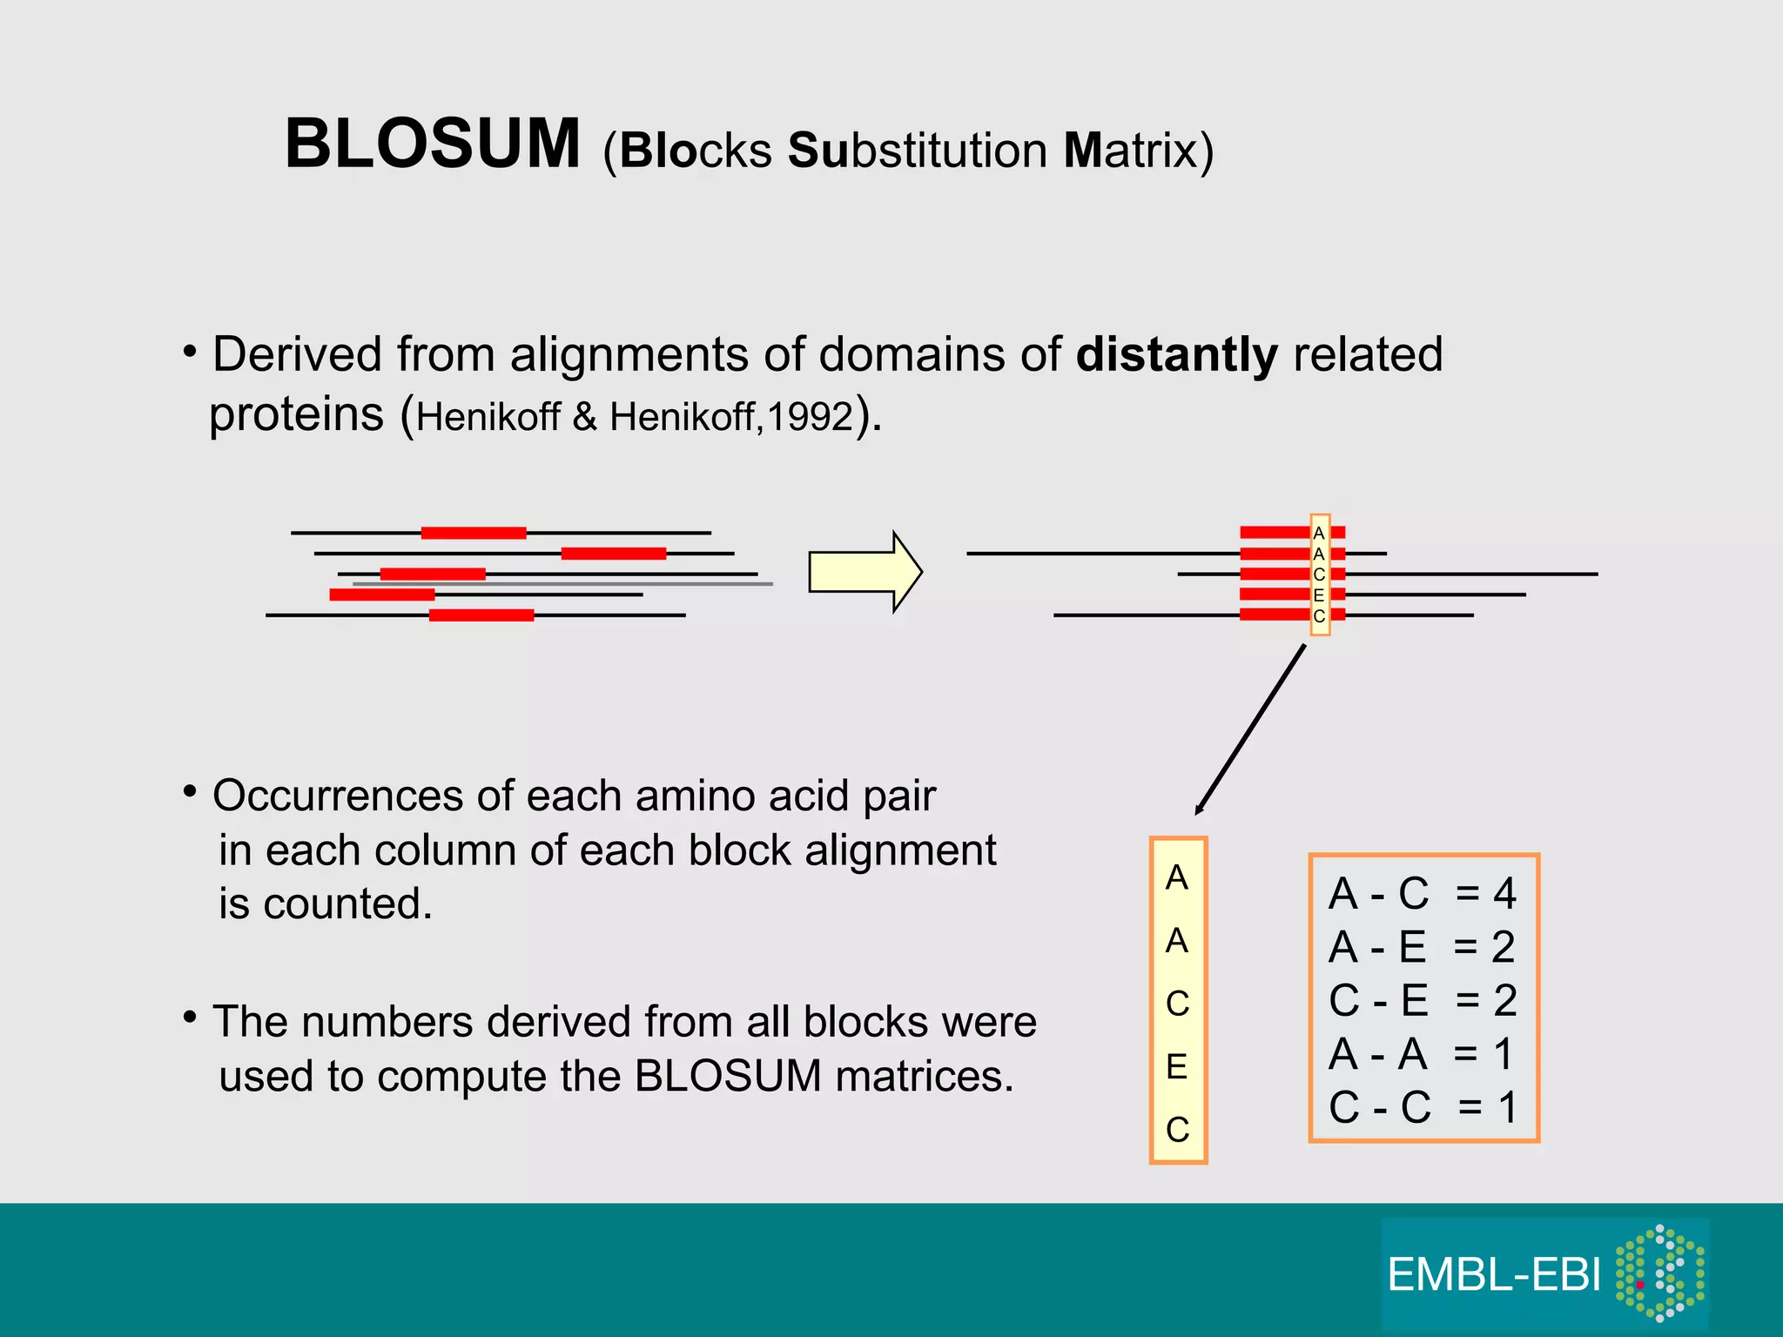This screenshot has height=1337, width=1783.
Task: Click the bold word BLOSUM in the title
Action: click(x=433, y=144)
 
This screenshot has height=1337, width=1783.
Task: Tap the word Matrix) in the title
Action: click(x=1138, y=151)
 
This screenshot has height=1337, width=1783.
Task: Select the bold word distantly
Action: click(x=1176, y=355)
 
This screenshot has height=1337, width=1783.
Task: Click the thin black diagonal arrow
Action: click(x=1250, y=729)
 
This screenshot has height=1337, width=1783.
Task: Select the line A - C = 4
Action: click(x=1422, y=894)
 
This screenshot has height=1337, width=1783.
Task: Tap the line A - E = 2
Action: click(x=1422, y=947)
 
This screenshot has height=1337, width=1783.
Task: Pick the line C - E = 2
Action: click(x=1422, y=1000)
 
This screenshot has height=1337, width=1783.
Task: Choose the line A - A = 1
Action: click(x=1422, y=1054)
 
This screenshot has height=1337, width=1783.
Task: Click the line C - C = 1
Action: click(x=1422, y=1107)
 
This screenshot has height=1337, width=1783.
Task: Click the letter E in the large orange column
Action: click(x=1177, y=1066)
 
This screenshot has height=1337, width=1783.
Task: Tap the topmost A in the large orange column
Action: click(x=1177, y=877)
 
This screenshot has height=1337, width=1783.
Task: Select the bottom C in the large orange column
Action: click(x=1177, y=1130)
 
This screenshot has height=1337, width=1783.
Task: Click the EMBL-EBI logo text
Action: click(x=1494, y=1275)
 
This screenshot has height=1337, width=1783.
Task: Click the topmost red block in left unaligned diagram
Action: click(x=474, y=533)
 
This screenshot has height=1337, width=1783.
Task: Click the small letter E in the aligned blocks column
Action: click(x=1319, y=595)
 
